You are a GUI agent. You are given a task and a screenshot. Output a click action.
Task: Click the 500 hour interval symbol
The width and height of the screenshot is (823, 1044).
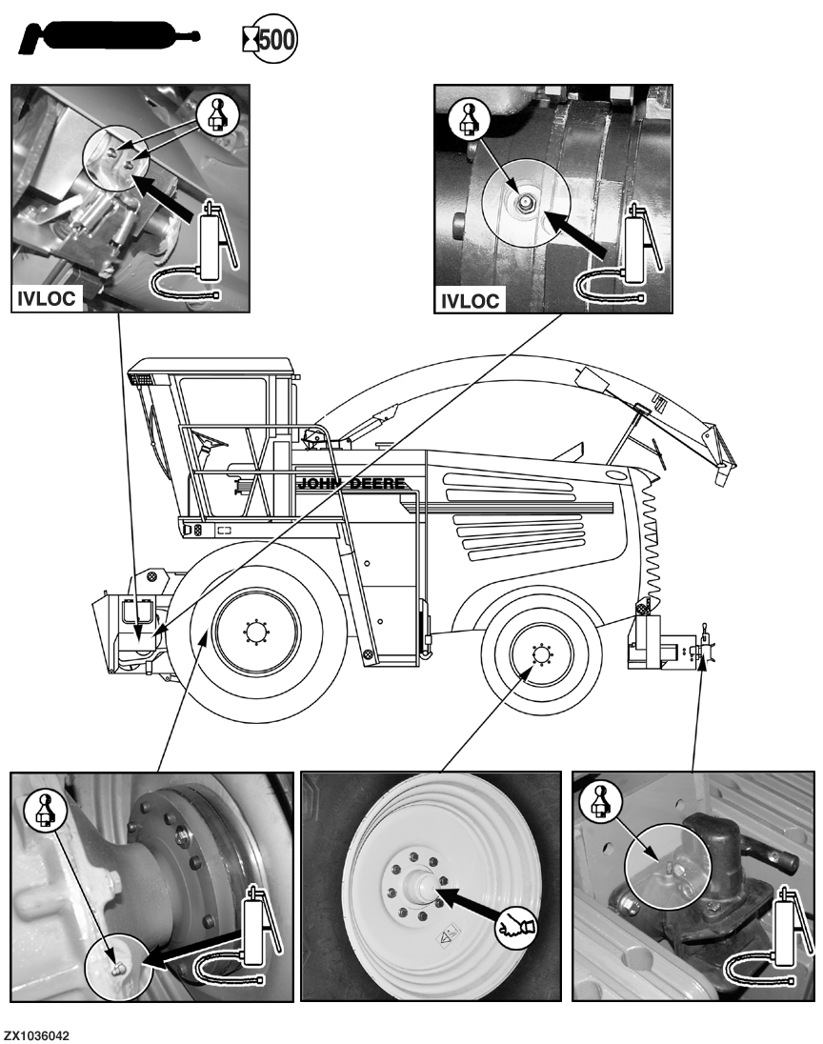click(270, 39)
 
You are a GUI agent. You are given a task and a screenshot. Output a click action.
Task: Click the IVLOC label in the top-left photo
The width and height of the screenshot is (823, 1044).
click(46, 298)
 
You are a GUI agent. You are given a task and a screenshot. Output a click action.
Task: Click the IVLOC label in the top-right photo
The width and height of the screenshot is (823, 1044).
click(471, 301)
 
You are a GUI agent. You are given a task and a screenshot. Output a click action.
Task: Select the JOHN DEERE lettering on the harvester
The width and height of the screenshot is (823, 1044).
click(351, 483)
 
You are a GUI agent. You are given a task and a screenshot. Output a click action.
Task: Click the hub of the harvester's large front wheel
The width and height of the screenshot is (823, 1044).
click(255, 632)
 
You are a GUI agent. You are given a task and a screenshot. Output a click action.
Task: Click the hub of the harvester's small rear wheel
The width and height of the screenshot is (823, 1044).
click(541, 654)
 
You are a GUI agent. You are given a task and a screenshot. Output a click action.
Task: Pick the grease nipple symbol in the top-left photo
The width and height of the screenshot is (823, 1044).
click(219, 114)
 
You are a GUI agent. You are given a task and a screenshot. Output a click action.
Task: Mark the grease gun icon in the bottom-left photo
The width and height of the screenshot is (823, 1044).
click(240, 933)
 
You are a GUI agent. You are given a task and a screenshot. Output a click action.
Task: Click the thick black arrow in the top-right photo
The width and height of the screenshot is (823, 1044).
click(574, 231)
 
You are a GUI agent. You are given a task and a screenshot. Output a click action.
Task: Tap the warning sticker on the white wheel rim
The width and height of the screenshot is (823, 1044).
click(448, 934)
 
